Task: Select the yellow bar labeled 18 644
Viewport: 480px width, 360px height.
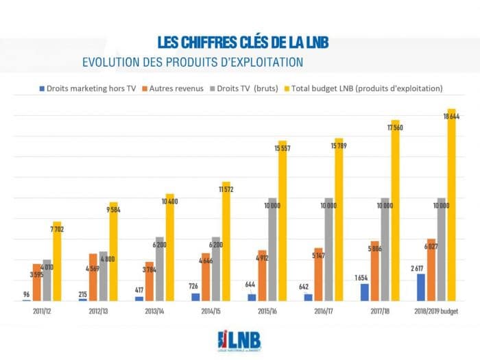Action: point(451,206)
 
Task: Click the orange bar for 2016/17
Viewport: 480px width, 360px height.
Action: point(318,274)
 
